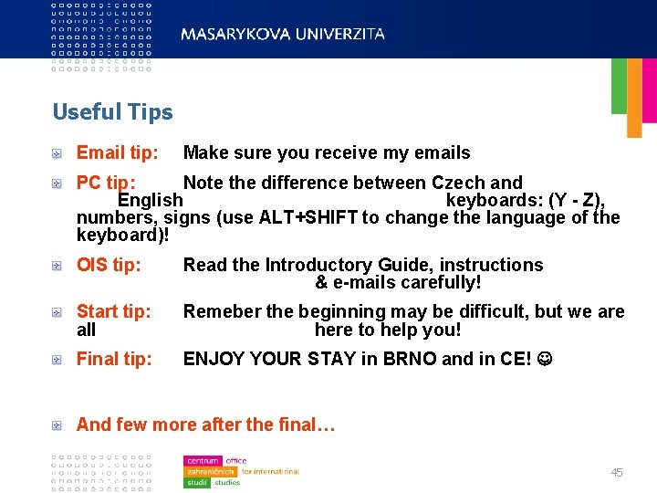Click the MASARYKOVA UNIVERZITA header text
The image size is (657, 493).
click(x=283, y=34)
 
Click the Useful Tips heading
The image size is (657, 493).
click(x=112, y=112)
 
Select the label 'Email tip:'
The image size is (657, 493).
click(x=117, y=153)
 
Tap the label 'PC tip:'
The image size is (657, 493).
click(x=106, y=183)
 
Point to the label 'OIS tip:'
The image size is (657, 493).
click(x=109, y=265)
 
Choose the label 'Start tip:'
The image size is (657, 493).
click(x=113, y=311)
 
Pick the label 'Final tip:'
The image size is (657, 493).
click(x=114, y=359)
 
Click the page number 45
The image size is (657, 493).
click(x=617, y=473)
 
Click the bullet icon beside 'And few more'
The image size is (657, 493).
click(x=57, y=425)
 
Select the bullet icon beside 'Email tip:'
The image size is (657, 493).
click(x=57, y=153)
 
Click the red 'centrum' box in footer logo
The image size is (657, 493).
click(x=203, y=461)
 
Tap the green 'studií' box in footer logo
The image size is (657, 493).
click(x=197, y=482)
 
